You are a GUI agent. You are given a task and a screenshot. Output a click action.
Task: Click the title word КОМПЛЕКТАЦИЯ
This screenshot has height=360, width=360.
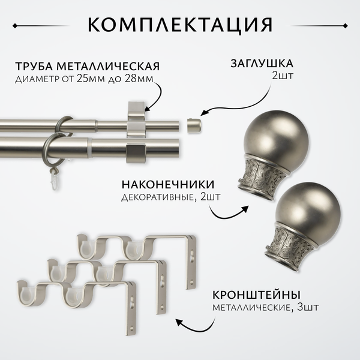point(180,25)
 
